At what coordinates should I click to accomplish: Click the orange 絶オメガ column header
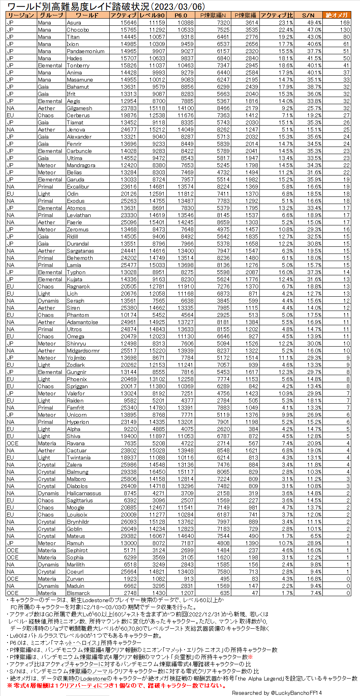pyautogui.click(x=337, y=15)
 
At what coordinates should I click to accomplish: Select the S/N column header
pyautogui.click(x=308, y=15)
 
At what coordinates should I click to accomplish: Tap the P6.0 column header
pyautogui.click(x=180, y=15)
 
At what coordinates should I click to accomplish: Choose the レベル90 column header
pyautogui.click(x=152, y=15)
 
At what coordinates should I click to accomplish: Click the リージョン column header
pyautogui.click(x=21, y=15)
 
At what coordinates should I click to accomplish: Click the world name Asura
pyautogui.click(x=74, y=23)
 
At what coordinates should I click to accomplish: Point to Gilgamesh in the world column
pyautogui.click(x=79, y=108)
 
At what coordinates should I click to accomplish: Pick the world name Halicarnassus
pyautogui.click(x=84, y=493)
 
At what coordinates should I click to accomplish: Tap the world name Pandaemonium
pyautogui.click(x=86, y=51)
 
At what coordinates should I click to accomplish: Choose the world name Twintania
pyautogui.click(x=78, y=458)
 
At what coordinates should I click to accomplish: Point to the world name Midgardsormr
pyautogui.click(x=83, y=351)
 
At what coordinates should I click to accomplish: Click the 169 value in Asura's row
pyautogui.click(x=345, y=23)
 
